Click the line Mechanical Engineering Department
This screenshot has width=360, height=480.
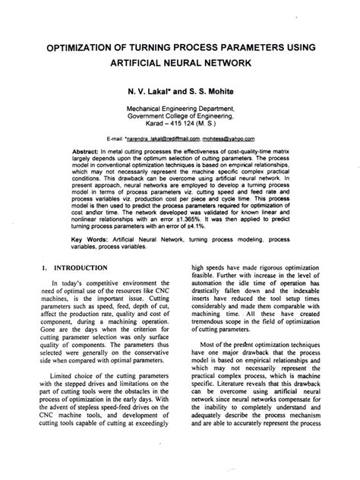coord(180,109)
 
